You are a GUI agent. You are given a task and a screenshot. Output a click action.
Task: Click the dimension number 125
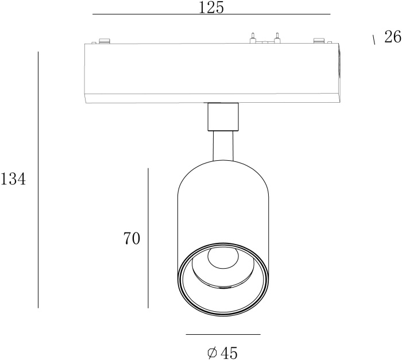tap(211, 7)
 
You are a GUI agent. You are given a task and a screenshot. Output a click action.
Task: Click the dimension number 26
tap(392, 38)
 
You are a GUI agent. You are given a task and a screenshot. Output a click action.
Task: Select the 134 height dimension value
tap(13, 180)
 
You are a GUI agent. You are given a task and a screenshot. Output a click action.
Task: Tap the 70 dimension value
tap(132, 238)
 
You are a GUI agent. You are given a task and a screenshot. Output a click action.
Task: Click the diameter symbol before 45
tap(212, 353)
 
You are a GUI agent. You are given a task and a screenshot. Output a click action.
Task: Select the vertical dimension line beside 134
tap(38, 180)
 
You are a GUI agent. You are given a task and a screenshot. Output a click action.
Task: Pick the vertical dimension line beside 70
tap(148, 238)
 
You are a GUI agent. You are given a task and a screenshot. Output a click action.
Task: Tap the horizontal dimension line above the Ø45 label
tap(223, 334)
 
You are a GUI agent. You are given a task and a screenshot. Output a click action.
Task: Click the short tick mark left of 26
tap(374, 40)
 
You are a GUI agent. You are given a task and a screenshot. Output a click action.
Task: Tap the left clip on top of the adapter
tap(104, 40)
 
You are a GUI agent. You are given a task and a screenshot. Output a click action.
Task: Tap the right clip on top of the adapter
tap(319, 40)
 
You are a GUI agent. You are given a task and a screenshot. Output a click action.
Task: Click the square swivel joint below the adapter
tap(223, 117)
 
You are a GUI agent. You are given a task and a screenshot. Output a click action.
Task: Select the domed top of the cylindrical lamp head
tap(223, 175)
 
